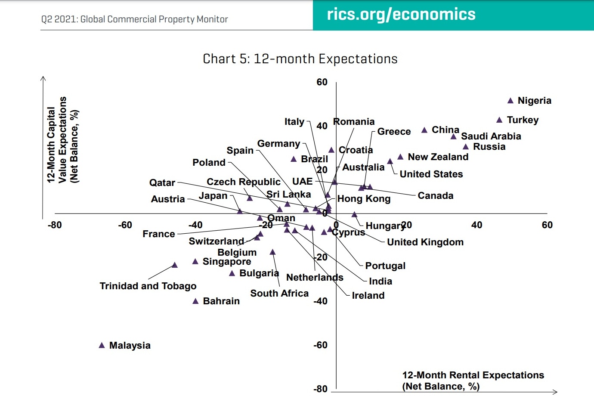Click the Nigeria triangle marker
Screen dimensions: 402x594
tap(510, 101)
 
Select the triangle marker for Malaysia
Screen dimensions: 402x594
tap(102, 345)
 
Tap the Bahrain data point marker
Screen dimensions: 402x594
tap(195, 301)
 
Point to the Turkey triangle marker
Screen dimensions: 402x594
tap(499, 120)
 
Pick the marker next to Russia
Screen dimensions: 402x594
tap(466, 147)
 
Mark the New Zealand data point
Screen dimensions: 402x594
tap(400, 157)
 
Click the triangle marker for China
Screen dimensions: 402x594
tap(424, 130)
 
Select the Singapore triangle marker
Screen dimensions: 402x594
tap(195, 262)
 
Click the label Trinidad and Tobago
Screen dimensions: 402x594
tap(148, 286)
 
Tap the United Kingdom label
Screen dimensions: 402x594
tap(425, 242)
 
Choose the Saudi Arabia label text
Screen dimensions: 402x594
tap(491, 136)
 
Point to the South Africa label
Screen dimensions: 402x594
tap(279, 294)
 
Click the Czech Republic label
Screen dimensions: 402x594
tap(243, 182)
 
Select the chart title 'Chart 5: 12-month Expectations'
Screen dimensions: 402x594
tap(300, 59)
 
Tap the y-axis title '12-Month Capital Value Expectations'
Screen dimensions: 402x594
tap(62, 140)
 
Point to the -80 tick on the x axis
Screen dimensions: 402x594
tap(55, 225)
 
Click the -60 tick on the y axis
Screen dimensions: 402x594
tap(320, 345)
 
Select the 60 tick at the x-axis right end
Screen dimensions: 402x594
tap(547, 225)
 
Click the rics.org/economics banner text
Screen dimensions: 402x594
tap(401, 15)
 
